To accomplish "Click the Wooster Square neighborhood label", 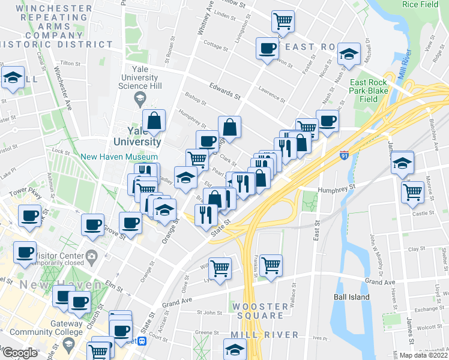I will point(258,311).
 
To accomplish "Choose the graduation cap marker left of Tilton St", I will point(13,77).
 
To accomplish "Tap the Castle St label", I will point(423,213).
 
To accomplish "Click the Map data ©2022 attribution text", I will point(423,355).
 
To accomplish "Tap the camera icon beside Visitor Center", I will point(92,256).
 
